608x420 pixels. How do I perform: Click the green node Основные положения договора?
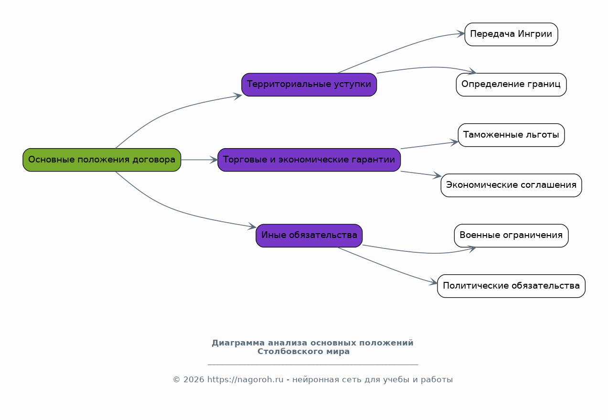(x=102, y=160)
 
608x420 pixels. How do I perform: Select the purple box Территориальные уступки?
(x=309, y=85)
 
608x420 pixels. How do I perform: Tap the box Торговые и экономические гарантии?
(x=309, y=160)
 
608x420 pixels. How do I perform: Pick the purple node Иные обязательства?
(x=309, y=236)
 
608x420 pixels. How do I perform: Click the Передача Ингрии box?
(x=512, y=34)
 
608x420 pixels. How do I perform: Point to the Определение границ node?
(x=512, y=85)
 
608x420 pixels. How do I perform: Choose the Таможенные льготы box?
(x=512, y=135)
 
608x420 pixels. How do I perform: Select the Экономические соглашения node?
(x=512, y=185)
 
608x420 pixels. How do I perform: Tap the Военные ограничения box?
(x=512, y=236)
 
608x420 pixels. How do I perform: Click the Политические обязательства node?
(x=512, y=286)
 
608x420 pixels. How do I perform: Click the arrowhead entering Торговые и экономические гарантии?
(x=214, y=160)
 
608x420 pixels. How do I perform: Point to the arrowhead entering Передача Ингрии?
(x=461, y=34)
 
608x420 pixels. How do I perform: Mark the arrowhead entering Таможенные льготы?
(x=454, y=142)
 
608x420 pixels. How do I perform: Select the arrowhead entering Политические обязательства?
(x=433, y=282)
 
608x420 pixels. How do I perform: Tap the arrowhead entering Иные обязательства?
(x=252, y=226)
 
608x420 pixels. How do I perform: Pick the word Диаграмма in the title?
(x=238, y=343)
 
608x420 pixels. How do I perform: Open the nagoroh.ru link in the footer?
(x=245, y=379)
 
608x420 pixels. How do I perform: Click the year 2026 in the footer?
(x=194, y=379)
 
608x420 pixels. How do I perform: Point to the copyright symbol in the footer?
(x=176, y=379)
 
